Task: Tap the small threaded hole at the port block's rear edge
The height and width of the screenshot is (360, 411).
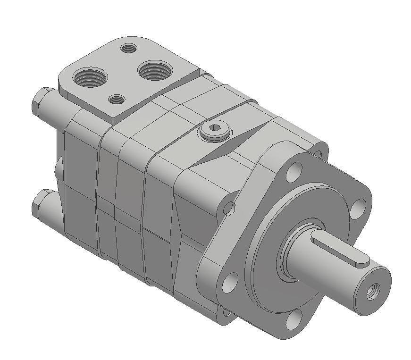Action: [128, 48]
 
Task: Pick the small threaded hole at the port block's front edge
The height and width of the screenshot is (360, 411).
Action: [116, 99]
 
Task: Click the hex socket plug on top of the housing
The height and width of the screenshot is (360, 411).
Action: [214, 131]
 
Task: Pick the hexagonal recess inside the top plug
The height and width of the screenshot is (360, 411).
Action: [215, 130]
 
